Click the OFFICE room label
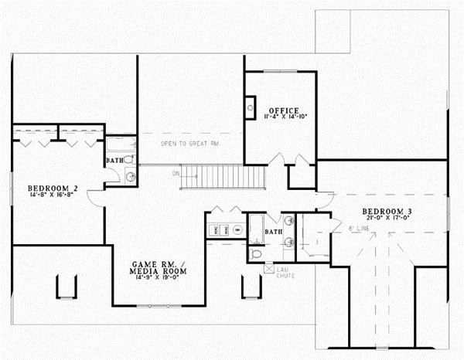click(280, 110)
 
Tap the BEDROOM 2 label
click(53, 188)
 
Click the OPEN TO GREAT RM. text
click(190, 144)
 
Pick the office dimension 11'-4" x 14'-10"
click(280, 117)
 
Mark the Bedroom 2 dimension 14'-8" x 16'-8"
click(53, 195)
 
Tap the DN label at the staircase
click(176, 173)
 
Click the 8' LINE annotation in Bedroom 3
click(357, 229)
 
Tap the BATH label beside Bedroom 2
click(114, 161)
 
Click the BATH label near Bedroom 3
click(272, 231)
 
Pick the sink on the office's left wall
click(251, 107)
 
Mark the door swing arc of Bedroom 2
click(94, 199)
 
